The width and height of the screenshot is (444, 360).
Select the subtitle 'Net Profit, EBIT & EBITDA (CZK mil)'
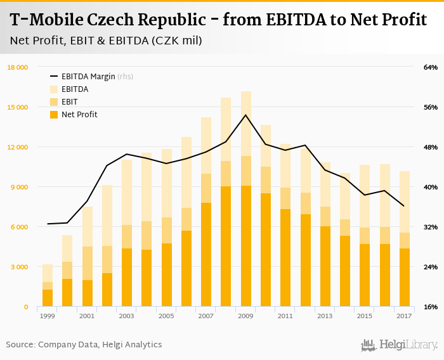point(106,41)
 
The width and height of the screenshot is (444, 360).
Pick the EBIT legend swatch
point(54,102)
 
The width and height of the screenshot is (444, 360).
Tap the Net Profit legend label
point(79,115)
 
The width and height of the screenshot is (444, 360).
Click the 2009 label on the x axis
point(245,316)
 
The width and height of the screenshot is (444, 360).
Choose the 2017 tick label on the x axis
point(404,316)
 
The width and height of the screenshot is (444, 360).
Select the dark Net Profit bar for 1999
point(48,298)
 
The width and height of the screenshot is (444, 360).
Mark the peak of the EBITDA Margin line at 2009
point(245,115)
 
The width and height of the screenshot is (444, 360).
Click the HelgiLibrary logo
point(400,345)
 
